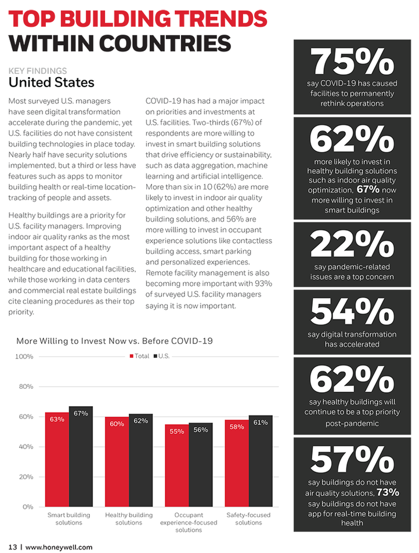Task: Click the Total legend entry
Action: click(x=139, y=356)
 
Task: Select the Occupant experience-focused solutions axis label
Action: click(x=189, y=522)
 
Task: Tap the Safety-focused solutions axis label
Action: click(x=248, y=519)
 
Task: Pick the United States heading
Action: click(x=51, y=82)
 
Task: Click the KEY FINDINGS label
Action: click(x=38, y=71)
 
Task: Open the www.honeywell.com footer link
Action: click(x=59, y=547)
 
